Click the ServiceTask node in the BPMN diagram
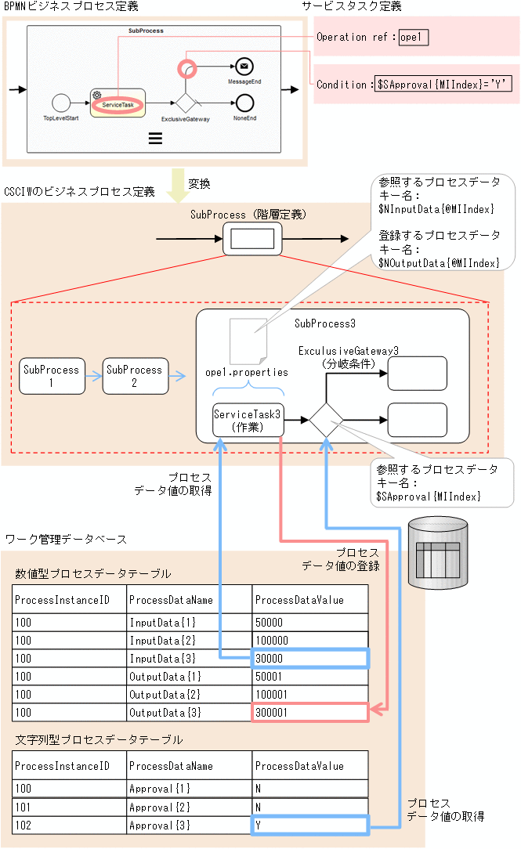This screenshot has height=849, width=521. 118,102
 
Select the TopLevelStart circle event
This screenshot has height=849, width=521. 62,102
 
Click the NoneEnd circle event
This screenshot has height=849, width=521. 244,102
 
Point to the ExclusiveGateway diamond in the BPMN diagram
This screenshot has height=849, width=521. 185,102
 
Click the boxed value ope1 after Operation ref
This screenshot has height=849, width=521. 414,37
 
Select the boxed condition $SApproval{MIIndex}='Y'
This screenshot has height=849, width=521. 443,85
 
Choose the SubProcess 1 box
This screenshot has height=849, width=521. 51,376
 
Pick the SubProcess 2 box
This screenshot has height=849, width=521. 134,376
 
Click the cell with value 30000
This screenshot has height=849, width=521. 309,659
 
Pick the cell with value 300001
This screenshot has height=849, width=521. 309,713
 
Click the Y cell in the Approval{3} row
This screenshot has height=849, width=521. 309,826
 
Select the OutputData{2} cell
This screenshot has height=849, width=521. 188,695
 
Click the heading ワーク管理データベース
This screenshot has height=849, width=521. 66,540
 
